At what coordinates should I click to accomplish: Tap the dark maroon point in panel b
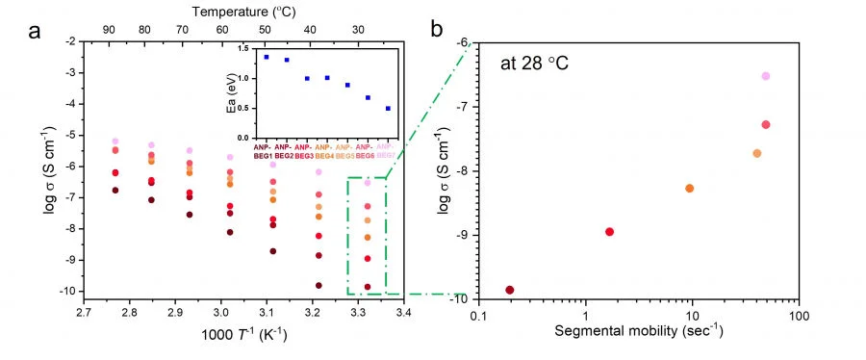click(510, 290)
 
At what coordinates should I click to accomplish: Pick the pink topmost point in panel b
click(766, 76)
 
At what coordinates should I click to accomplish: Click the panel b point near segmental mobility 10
click(689, 188)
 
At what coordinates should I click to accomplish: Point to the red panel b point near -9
click(609, 232)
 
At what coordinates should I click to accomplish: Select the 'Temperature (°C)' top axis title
click(242, 12)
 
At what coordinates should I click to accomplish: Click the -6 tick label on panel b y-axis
click(464, 43)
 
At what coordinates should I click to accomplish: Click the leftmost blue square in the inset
click(267, 57)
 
